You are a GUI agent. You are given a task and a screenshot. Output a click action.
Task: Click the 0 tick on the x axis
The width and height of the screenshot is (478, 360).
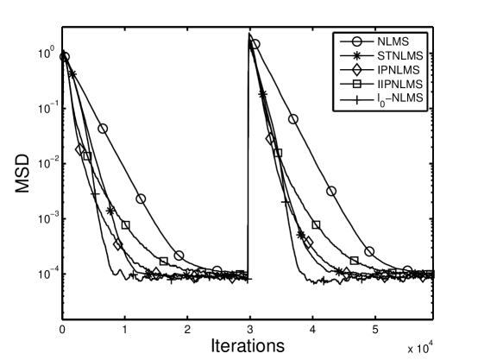(x=62, y=330)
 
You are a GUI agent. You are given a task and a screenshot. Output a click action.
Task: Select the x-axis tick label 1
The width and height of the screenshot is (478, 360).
(x=124, y=330)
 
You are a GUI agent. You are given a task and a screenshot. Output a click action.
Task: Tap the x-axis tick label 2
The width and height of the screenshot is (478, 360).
(x=187, y=330)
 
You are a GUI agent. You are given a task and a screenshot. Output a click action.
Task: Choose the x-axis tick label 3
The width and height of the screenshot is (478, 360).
(x=249, y=330)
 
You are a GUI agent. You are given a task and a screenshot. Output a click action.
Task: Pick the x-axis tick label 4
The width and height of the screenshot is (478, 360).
(x=311, y=330)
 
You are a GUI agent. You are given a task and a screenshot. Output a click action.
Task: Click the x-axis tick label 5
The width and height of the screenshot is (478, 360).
(x=374, y=330)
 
